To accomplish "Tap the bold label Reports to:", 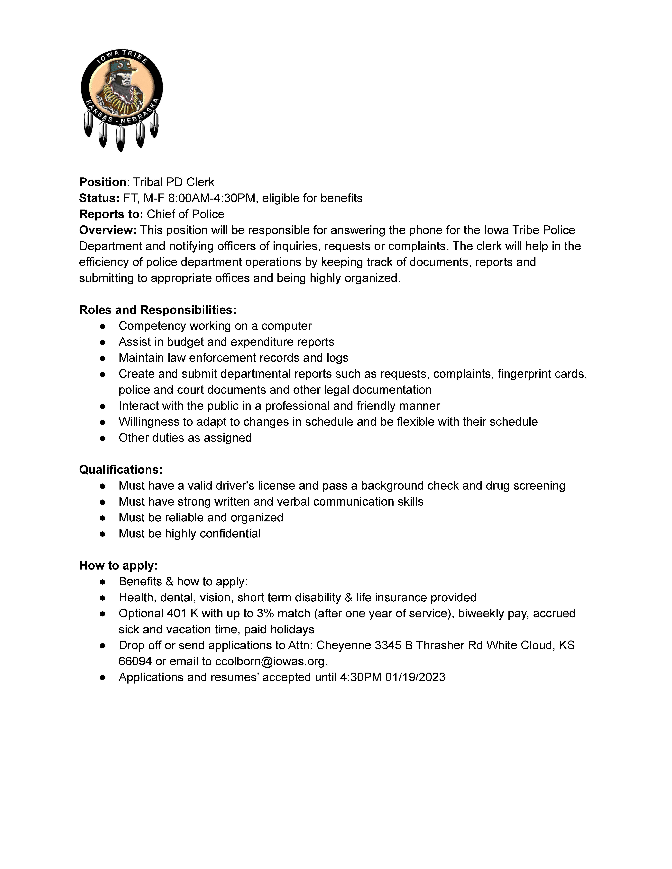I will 111,214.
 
